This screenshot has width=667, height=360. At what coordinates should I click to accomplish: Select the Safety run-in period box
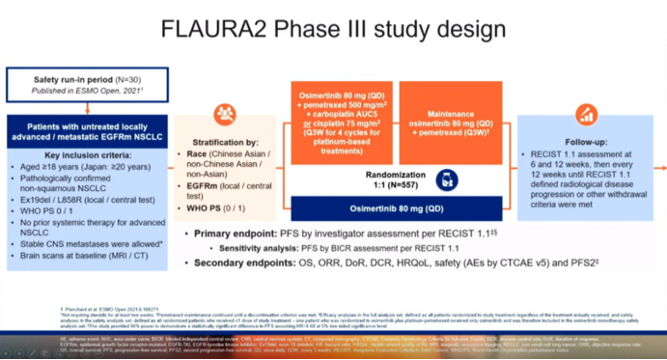click(87, 84)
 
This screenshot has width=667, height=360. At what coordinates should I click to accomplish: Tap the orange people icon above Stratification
click(224, 115)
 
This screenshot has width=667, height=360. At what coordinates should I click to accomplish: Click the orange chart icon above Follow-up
click(585, 115)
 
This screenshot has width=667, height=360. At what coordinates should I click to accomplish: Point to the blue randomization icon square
click(446, 180)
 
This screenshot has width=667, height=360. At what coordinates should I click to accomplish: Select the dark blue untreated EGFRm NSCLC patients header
click(87, 129)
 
